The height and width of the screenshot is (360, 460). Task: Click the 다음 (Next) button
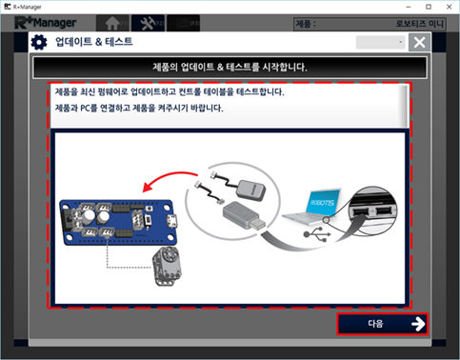[x=383, y=324]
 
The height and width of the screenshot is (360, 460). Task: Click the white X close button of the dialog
[x=419, y=42]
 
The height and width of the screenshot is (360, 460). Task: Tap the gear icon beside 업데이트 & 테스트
[x=39, y=43]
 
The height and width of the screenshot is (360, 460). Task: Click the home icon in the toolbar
[x=112, y=23]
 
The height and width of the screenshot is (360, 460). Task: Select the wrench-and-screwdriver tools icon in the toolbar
[x=148, y=23]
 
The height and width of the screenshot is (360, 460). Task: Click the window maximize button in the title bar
[x=429, y=7]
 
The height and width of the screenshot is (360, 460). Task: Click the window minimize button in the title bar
[x=409, y=7]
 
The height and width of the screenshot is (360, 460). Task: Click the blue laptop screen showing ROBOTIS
[x=323, y=202]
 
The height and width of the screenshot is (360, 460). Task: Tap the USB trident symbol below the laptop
[x=317, y=234]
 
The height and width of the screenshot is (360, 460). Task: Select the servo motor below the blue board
[x=167, y=266]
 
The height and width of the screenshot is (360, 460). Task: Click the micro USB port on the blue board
[x=172, y=220]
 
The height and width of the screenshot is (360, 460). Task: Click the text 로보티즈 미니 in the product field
[x=419, y=24]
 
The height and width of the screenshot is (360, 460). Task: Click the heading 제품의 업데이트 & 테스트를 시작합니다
[x=230, y=67]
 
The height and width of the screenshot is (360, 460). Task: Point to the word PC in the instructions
[x=86, y=109]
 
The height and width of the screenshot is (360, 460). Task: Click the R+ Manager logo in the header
[x=46, y=23]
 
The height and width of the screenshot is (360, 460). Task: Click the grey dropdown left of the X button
[x=381, y=42]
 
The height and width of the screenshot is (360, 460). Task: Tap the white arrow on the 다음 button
[x=418, y=324]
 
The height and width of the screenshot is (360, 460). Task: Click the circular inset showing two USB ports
[x=372, y=210]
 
